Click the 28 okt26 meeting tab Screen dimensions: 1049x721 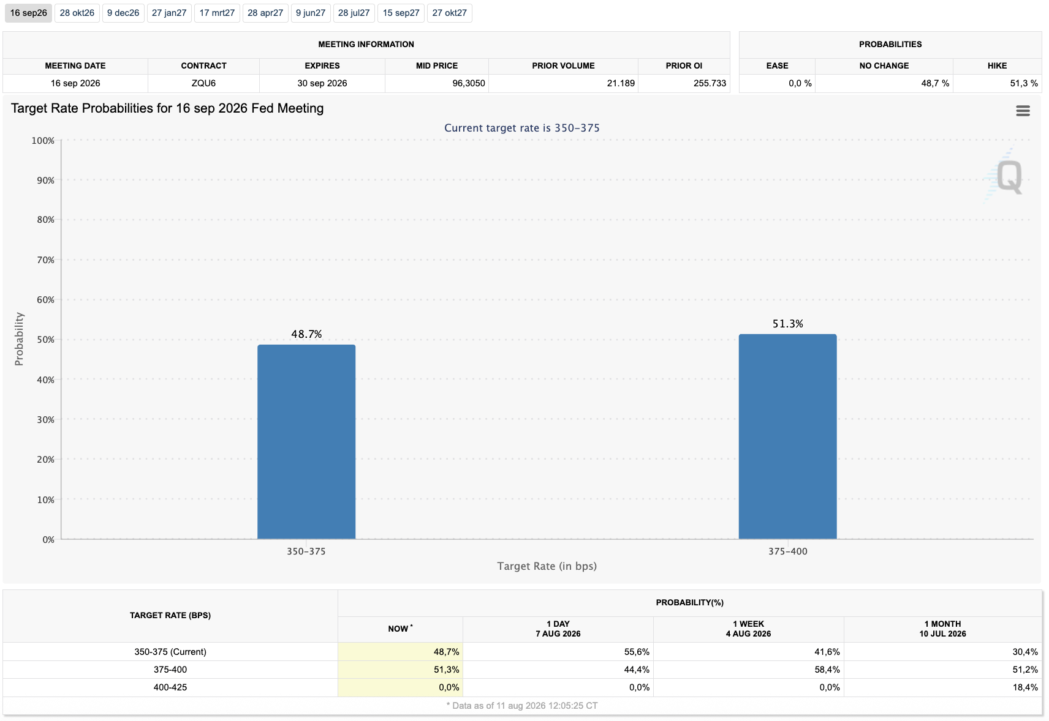pos(77,13)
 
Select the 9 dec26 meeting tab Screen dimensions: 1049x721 pos(123,13)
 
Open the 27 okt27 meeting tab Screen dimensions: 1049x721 pos(450,13)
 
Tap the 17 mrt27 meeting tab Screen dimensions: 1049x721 pos(217,13)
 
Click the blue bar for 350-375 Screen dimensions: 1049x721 pos(306,442)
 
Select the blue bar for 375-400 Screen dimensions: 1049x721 pos(788,436)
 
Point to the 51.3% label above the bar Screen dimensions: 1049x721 pos(788,324)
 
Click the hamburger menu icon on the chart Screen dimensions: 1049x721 pos(1023,111)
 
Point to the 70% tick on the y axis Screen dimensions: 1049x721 pos(45,260)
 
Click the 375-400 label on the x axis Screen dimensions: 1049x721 pos(788,551)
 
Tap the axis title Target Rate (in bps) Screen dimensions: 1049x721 pos(547,566)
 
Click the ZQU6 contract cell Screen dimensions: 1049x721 pos(203,83)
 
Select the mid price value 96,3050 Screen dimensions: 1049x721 pos(468,83)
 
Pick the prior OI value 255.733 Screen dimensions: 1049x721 pos(710,83)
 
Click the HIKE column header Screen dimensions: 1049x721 pos(997,66)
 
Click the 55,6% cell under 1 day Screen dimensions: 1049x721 pos(637,652)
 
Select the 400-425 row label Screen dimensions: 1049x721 pos(170,687)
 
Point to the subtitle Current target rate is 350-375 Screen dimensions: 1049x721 pos(521,128)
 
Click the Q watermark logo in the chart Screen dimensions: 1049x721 pos(1009,176)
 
